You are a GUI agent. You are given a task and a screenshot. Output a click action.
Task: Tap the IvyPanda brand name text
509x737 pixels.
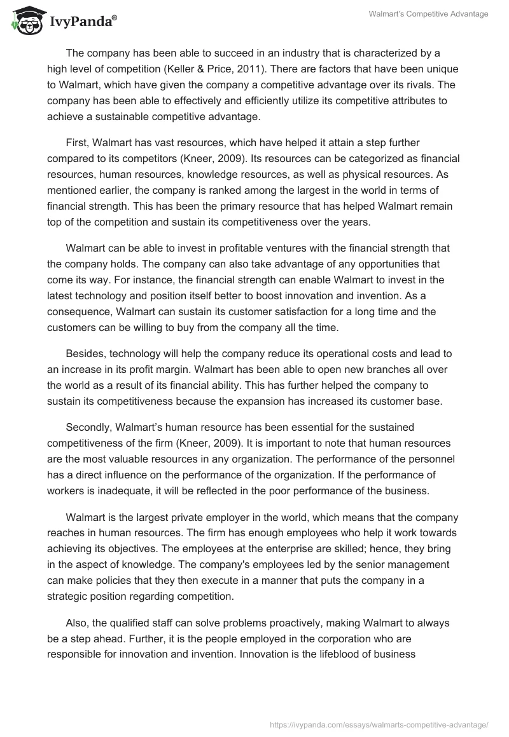click(x=80, y=22)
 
